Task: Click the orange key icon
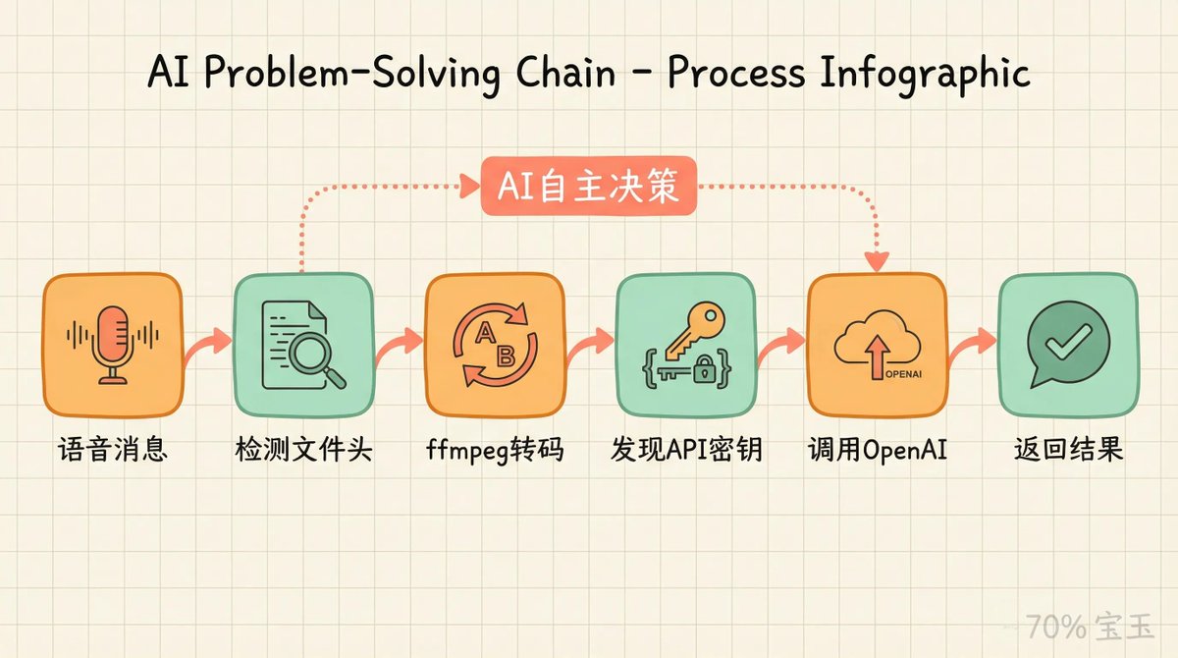694,328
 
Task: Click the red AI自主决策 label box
588,186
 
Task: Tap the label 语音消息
112,452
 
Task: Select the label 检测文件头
303,452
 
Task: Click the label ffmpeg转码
494,452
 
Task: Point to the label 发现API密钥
685,452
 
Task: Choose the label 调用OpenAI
877,452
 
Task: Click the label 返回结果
1068,452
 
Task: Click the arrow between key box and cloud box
782,346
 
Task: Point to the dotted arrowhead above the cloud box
876,261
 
